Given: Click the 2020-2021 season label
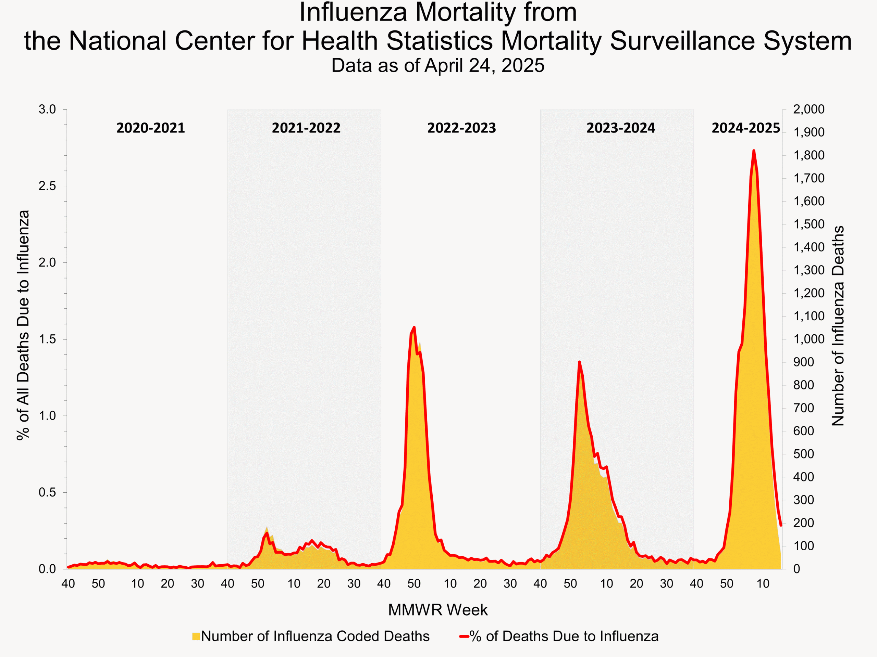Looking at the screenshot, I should pos(151,128).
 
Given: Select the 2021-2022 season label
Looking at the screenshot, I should pos(306,128).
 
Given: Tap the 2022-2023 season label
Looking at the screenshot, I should pos(461,128).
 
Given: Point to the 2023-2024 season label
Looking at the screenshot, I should pos(620,128).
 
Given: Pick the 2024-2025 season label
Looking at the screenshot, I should pos(745,128).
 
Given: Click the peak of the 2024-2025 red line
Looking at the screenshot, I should pos(754,151).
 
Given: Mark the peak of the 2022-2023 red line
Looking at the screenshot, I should pos(414,327).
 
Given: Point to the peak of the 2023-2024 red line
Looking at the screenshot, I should pos(579,362).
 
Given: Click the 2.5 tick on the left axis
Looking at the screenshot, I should pos(47,186).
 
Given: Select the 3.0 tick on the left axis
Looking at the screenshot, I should pos(47,109).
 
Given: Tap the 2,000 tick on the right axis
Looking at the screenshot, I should pos(808,109).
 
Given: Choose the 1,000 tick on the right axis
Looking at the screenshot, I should pos(808,339).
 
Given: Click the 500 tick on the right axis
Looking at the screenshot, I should pos(803,454).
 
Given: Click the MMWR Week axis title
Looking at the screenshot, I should pos(438,610).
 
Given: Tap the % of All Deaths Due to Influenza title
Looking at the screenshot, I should pos(23,325).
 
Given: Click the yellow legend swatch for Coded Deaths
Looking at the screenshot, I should pos(196,636).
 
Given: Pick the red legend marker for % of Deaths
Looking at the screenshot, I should pos(464,636).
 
